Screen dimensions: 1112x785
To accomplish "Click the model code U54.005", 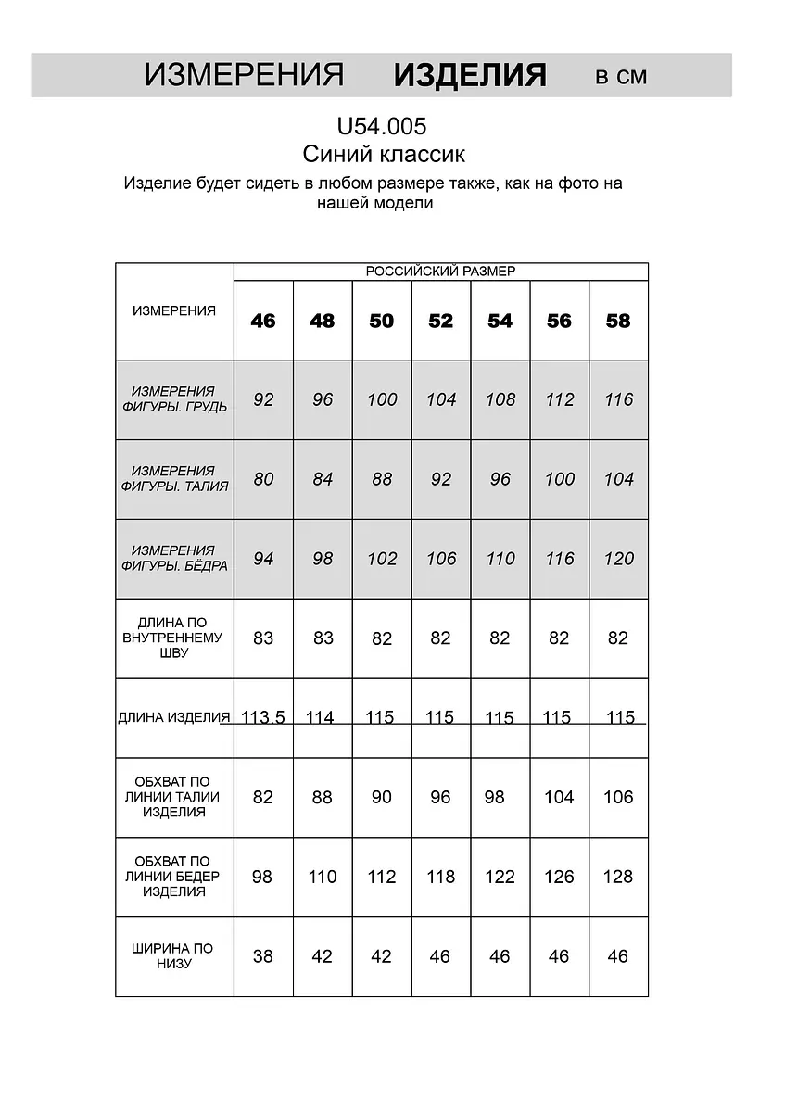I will coord(382,126).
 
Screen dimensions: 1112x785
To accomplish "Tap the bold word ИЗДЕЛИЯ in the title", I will coord(470,75).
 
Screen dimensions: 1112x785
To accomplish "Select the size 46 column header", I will coord(263,321).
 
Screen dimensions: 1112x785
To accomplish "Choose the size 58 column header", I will coord(618,321).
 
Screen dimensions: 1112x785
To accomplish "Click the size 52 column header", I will coord(441,321).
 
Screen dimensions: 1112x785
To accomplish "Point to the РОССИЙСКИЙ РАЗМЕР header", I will coord(440,272).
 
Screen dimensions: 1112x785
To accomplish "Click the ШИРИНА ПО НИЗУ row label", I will coord(174,956).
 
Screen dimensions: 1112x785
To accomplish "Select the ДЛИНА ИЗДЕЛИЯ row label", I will coord(174,717).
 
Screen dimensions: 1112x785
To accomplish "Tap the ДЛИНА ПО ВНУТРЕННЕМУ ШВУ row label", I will coord(174,638).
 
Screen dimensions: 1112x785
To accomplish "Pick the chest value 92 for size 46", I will coord(263,400).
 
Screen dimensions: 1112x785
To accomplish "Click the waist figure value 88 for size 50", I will coord(382,480).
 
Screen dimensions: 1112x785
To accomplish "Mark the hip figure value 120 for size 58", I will coord(618,559).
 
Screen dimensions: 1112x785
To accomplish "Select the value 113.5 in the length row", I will coord(263,717).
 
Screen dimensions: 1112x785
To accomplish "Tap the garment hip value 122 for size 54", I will coord(500,877).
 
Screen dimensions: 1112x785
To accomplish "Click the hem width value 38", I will coord(263,956).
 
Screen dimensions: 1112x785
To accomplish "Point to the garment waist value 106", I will coord(618,797).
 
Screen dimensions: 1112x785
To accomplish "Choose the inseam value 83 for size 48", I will coord(323,638).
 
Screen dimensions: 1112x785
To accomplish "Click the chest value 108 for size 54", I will coord(500,400).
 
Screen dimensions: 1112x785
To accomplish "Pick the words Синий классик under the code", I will coord(384,154).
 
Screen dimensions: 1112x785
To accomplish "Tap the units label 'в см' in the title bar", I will coord(621,77).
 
